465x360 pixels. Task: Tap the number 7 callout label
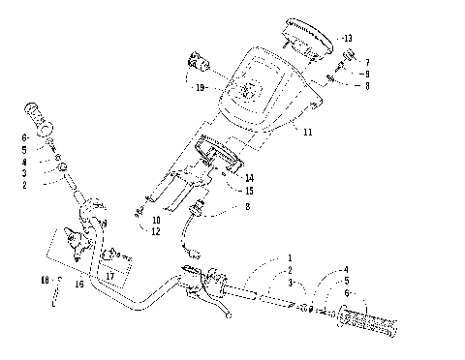pyautogui.click(x=366, y=63)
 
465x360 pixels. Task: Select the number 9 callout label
pyautogui.click(x=366, y=74)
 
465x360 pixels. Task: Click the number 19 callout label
pyautogui.click(x=201, y=88)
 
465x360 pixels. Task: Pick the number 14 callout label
pyautogui.click(x=249, y=177)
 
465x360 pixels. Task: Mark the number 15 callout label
pyautogui.click(x=249, y=191)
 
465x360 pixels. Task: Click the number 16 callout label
pyautogui.click(x=79, y=285)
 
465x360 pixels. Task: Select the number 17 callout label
pyautogui.click(x=110, y=277)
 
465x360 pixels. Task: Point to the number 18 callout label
pyautogui.click(x=45, y=280)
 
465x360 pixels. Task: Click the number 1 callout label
pyautogui.click(x=289, y=256)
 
